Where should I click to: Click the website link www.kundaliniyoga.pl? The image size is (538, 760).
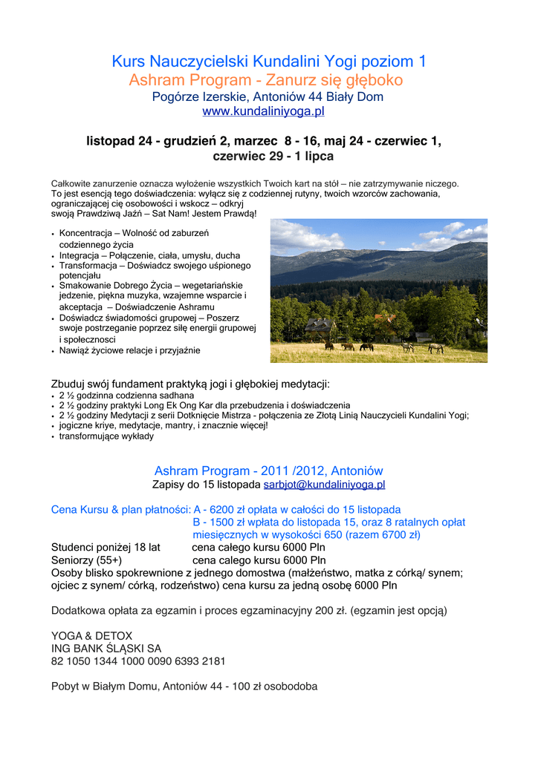(x=263, y=111)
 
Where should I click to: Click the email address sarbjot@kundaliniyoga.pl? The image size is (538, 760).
(x=324, y=485)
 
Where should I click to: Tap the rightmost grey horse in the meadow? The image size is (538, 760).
(x=435, y=347)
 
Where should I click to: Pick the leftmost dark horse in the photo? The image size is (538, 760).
(x=328, y=346)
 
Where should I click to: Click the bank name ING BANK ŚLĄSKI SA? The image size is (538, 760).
(x=106, y=648)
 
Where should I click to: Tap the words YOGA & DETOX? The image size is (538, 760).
(x=91, y=635)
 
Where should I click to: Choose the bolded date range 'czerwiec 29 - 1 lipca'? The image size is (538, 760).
(x=273, y=157)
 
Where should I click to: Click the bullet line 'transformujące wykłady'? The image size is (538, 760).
(x=106, y=436)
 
